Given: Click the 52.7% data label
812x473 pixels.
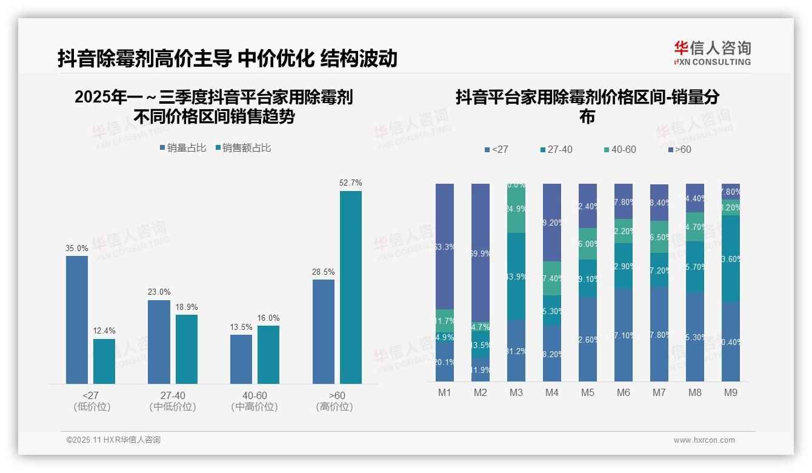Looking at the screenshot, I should coord(351,183).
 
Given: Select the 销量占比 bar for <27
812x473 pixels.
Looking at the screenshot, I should coord(77,320).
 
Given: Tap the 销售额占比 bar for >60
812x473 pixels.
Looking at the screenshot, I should coord(351,287).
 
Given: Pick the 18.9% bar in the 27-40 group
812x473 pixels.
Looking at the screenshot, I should coord(187,349).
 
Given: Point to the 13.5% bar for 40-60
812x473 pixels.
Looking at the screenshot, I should coord(241,359).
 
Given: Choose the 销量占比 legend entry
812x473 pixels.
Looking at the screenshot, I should coord(183,147).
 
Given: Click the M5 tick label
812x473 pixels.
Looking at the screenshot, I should coord(588,392).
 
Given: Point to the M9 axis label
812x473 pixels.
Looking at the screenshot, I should coord(731,392).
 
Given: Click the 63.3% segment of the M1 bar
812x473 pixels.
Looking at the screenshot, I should coord(445,246).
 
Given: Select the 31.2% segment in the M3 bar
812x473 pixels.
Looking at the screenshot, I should coord(516,351).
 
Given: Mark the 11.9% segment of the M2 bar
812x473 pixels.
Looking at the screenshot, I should coord(481,370).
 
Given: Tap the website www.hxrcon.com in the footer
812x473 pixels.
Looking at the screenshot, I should coord(704,440).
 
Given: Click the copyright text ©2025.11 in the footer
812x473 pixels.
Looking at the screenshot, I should coord(113,440).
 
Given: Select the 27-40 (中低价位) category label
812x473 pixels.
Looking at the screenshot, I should coord(173,401).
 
